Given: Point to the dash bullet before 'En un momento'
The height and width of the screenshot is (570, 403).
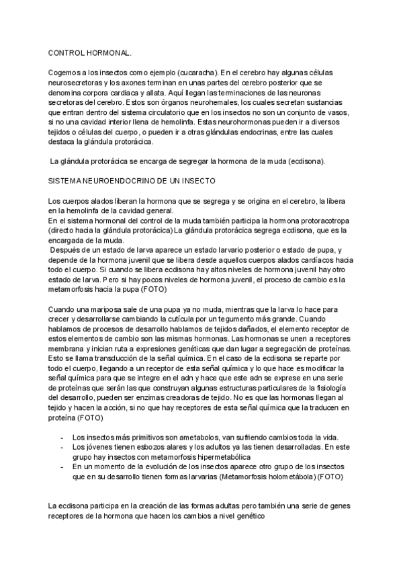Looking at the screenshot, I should [63, 466].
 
